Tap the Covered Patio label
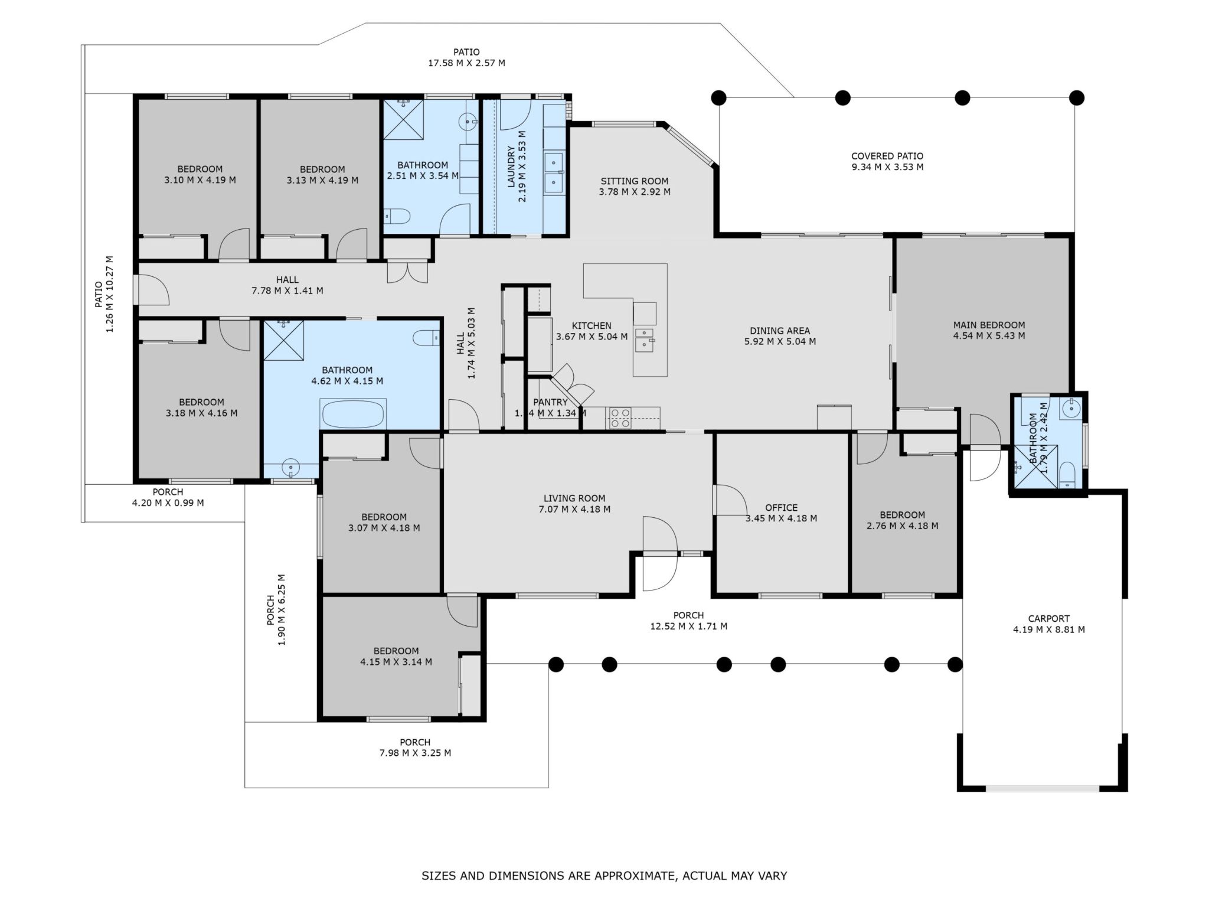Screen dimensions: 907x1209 tap(887, 156)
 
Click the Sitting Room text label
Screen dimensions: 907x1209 tap(634, 181)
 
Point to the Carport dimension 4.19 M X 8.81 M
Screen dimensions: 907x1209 tap(1048, 629)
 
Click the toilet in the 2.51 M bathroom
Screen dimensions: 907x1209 tap(397, 216)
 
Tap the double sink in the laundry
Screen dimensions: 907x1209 tap(554, 171)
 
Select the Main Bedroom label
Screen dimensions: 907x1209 tap(989, 325)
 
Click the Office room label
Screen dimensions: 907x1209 tap(781, 508)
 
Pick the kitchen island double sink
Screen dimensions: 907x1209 tap(644, 340)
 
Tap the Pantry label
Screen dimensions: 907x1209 tap(550, 403)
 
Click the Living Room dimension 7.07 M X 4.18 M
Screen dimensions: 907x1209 tap(574, 509)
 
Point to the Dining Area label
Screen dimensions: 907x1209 tap(779, 331)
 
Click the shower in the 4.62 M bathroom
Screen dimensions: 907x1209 tap(283, 340)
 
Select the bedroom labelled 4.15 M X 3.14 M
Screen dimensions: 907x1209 tap(396, 656)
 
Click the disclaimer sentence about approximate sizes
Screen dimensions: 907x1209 tap(604, 876)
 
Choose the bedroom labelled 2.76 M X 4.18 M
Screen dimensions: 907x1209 tap(901, 520)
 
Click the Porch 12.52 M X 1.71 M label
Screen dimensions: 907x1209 tap(688, 621)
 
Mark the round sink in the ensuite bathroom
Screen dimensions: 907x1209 tap(1070, 407)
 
